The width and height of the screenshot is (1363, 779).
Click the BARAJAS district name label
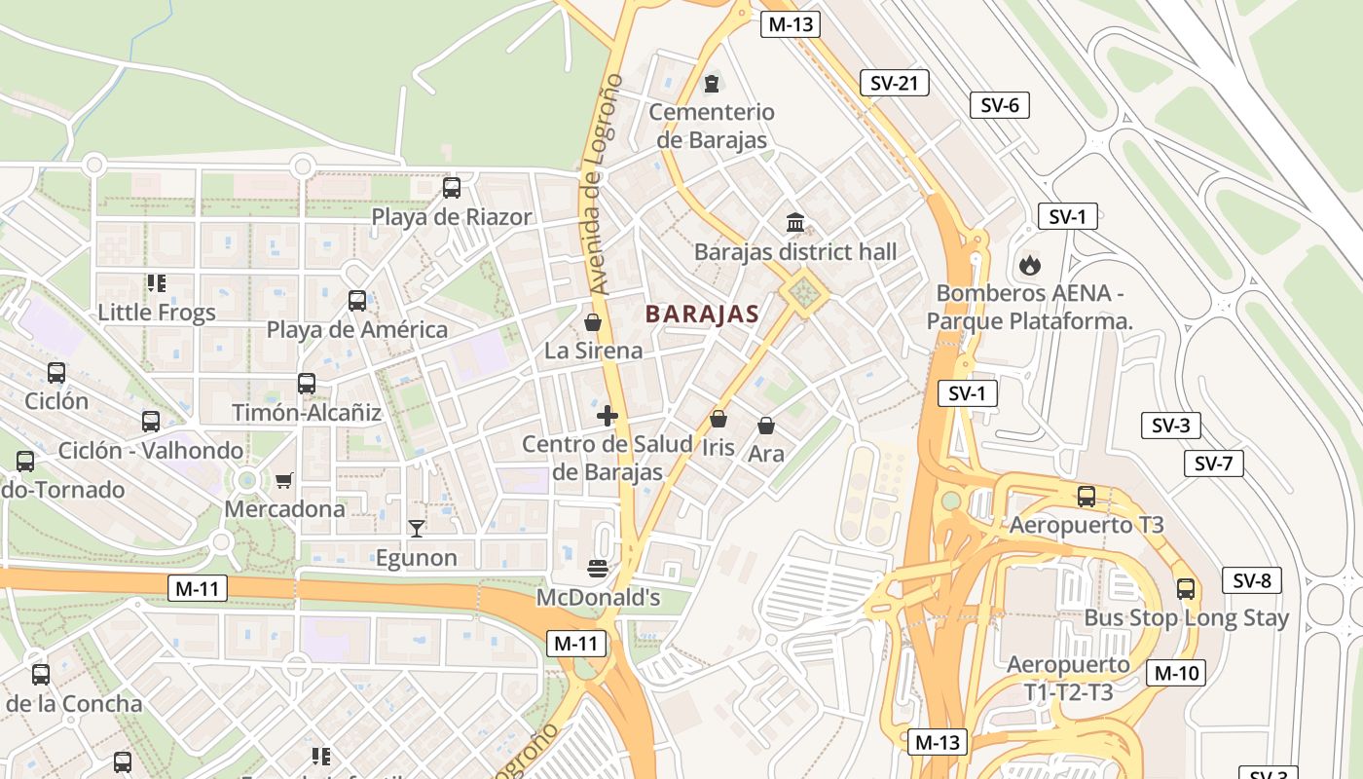coord(701,315)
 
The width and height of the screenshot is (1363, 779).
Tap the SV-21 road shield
coord(894,84)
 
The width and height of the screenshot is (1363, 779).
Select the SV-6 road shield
coord(999,105)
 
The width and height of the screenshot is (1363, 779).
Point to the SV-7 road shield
coord(1213,464)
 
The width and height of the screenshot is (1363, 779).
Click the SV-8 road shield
coord(1251,581)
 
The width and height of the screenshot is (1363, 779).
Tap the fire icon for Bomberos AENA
coord(1028,264)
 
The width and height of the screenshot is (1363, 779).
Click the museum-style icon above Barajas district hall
coord(794,223)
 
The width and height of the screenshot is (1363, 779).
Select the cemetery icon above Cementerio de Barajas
coord(712,83)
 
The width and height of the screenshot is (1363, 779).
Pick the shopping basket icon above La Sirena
coord(592,322)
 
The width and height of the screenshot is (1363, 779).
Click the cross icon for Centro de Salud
coord(607,417)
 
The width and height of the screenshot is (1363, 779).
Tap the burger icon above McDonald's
coord(598,568)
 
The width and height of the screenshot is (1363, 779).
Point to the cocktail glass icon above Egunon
coord(417,529)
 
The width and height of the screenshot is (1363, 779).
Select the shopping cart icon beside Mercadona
coord(283,480)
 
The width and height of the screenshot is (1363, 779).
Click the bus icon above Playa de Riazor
coord(452,188)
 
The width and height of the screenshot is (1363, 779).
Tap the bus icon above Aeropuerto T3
coord(1087,497)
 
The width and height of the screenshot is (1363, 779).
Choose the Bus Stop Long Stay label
coord(1186,618)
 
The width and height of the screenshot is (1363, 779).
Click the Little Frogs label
coord(157,313)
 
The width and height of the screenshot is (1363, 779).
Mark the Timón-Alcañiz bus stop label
coord(307,413)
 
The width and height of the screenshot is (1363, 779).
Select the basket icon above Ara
coord(766,426)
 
